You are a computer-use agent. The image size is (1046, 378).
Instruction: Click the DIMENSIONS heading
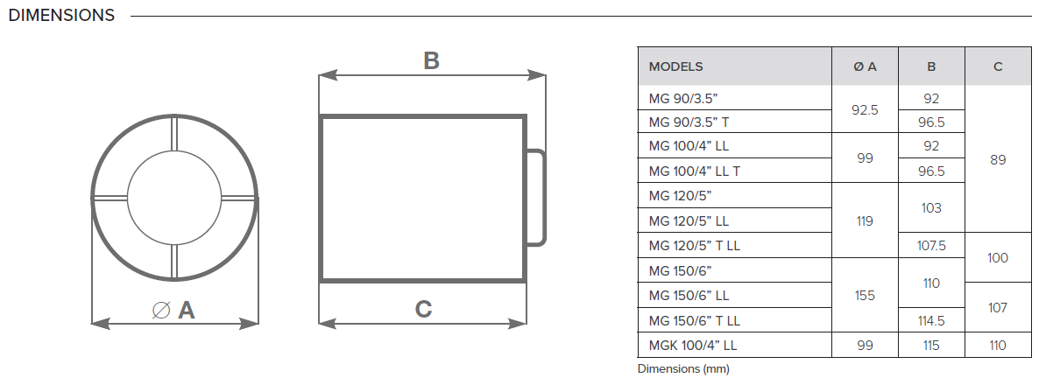[61, 16]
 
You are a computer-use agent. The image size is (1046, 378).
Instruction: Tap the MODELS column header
[675, 66]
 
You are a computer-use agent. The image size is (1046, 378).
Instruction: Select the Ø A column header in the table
[865, 66]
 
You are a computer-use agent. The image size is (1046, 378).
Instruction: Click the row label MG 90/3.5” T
[694, 122]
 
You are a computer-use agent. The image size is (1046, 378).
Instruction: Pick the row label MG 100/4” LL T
[694, 171]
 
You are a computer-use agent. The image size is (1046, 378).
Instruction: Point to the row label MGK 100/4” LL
[692, 346]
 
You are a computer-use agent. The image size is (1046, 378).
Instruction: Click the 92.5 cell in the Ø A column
[865, 110]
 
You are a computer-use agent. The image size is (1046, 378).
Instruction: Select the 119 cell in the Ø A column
[865, 220]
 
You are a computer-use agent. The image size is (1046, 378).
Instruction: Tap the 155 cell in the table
[865, 296]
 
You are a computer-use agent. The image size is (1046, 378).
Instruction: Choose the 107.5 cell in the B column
[931, 245]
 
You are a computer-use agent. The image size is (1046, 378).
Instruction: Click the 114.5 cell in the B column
[931, 320]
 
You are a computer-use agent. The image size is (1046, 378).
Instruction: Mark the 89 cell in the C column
[998, 160]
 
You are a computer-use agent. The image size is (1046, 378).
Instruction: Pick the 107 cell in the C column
[998, 308]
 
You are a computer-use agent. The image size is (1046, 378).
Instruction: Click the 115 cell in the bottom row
[931, 346]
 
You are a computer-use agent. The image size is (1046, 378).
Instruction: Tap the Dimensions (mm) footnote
[683, 368]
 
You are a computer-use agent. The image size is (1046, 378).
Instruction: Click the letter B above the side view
[432, 60]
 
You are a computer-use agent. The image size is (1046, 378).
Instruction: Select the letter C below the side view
[424, 310]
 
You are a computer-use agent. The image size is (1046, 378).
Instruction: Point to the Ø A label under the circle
[173, 310]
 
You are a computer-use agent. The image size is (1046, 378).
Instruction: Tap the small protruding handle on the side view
[544, 198]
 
